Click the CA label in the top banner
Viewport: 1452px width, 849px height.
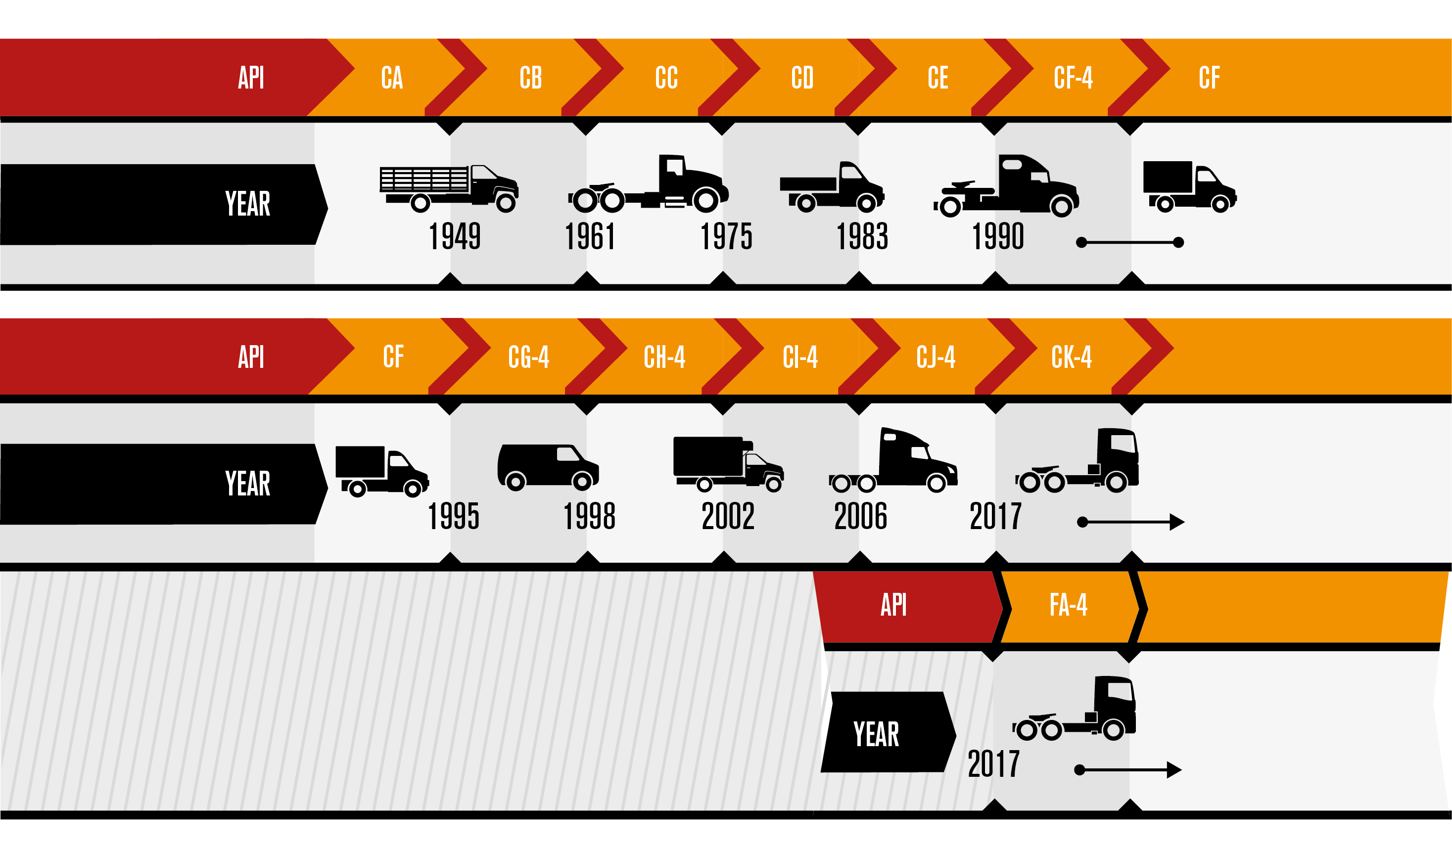(392, 78)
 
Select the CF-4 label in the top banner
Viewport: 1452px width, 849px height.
(1073, 78)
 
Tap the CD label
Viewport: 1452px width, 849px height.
(802, 78)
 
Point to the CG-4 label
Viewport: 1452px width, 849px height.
(528, 357)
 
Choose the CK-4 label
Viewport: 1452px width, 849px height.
(1071, 357)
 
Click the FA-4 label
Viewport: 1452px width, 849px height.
(1068, 605)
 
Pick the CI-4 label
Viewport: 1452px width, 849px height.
(800, 357)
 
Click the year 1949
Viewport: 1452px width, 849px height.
(455, 236)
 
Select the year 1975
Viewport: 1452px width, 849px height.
(726, 236)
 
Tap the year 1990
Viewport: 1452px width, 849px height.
(998, 236)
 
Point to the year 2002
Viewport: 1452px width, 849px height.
(728, 516)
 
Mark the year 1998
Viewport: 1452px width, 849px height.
(589, 516)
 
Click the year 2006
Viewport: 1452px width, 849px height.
(860, 516)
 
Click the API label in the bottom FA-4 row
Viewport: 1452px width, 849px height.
(893, 605)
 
